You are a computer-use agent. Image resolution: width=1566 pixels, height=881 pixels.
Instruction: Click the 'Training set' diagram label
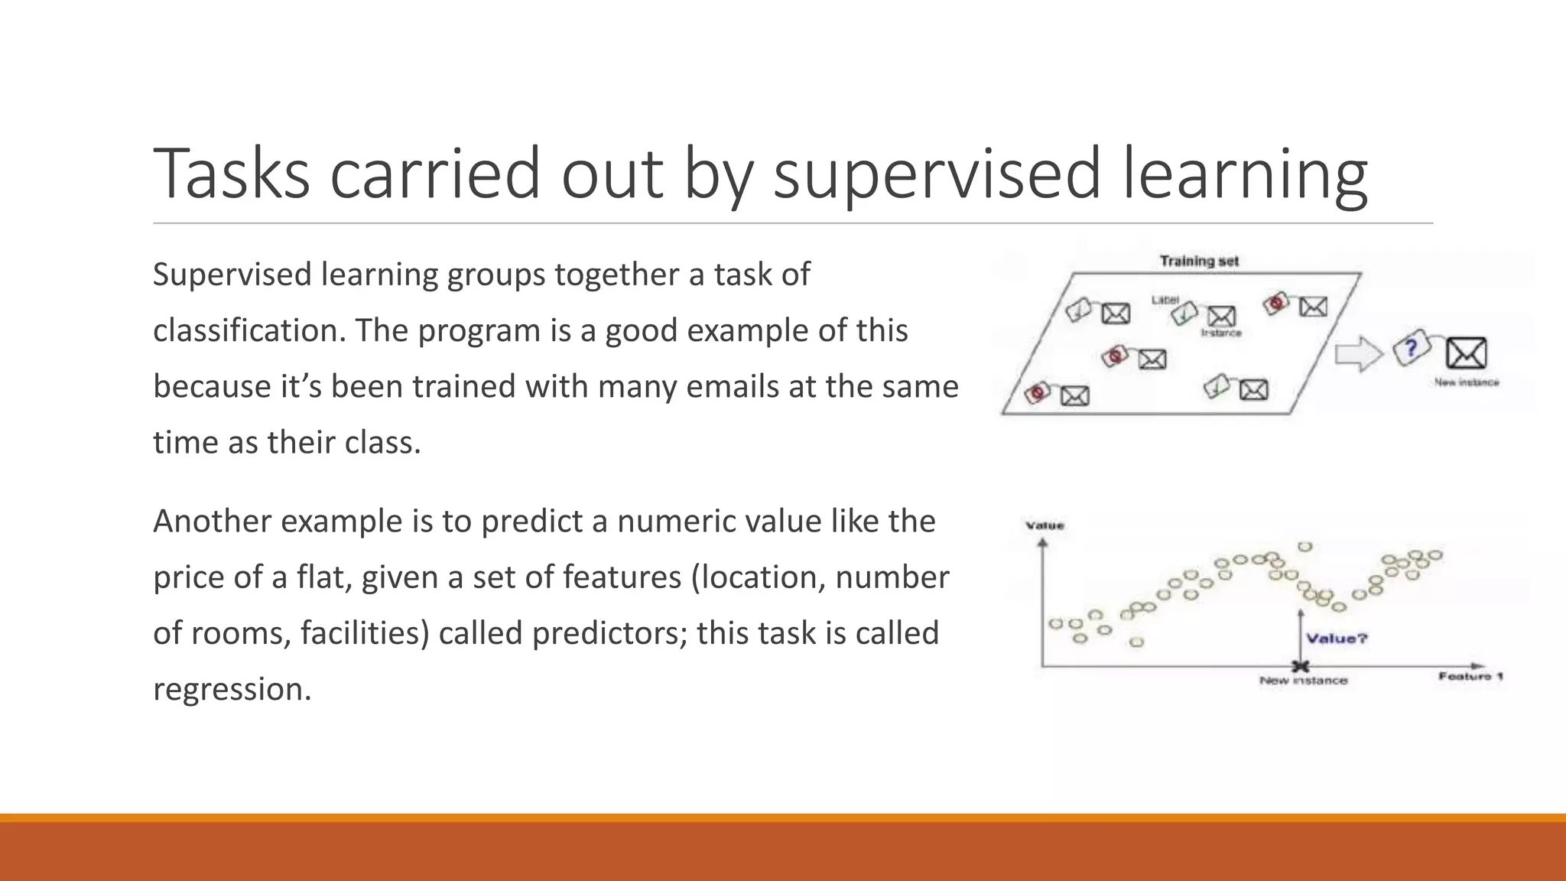coord(1199,262)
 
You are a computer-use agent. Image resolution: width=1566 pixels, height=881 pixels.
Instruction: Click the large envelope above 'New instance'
coord(1466,353)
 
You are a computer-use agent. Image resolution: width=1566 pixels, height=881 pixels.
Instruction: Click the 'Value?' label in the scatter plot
coord(1337,639)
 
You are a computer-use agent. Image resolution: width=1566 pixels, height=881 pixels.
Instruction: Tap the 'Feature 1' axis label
coord(1470,676)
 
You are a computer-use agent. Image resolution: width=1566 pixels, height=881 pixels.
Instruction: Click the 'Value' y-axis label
coord(1045,525)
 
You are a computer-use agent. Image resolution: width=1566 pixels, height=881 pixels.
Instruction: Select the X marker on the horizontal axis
coord(1300,666)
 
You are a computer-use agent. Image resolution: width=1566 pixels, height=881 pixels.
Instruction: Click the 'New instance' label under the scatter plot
coord(1304,681)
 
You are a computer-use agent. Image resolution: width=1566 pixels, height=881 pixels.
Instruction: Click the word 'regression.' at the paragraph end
coord(232,689)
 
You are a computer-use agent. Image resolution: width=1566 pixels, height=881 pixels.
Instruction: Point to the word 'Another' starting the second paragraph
coord(212,522)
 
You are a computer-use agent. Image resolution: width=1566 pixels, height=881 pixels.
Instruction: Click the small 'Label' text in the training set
coord(1165,300)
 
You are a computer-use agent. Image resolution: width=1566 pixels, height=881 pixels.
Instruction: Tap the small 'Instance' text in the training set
coord(1221,333)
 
